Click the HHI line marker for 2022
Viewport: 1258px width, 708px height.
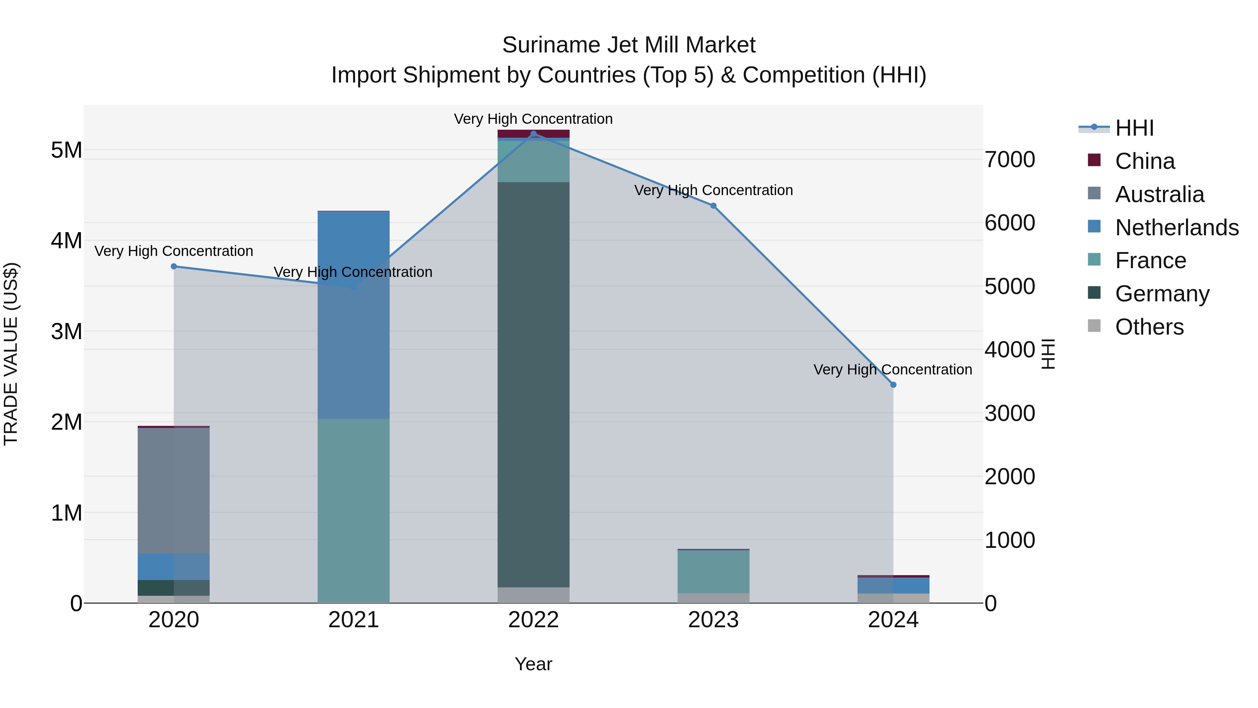533,134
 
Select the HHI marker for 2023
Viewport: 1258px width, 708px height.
713,206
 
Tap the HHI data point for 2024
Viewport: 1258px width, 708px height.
893,385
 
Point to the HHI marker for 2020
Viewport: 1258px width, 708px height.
174,266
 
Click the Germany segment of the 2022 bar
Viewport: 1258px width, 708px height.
533,385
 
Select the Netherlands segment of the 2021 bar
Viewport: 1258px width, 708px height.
354,315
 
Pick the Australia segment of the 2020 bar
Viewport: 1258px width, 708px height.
174,490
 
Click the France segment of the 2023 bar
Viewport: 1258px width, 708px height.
713,571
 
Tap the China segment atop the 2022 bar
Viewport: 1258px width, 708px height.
533,134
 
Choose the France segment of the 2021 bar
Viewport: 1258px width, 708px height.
354,510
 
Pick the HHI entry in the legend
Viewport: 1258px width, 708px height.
1134,128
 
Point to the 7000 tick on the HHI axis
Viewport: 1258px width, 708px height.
1010,160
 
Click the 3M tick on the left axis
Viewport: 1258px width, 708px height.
66,332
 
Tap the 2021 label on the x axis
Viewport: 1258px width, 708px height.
354,620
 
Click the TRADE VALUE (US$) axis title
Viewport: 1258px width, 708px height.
11,354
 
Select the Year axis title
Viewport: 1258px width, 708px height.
533,664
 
